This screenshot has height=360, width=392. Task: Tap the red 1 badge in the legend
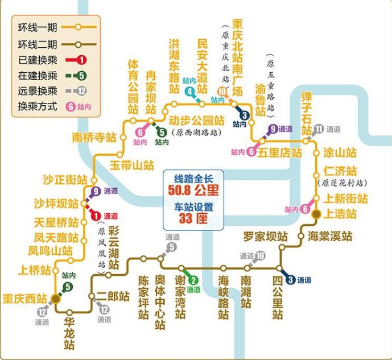(x=82, y=59)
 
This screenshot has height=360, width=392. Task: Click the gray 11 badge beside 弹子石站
(x=320, y=129)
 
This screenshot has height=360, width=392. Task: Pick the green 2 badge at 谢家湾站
(x=193, y=279)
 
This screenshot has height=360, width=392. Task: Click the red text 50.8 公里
(x=193, y=189)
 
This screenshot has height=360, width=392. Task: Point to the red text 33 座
(x=193, y=219)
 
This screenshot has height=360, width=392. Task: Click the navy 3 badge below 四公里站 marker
(x=291, y=279)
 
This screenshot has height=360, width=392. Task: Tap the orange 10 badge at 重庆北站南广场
(x=221, y=93)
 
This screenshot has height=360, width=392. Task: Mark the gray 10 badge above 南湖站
(x=260, y=256)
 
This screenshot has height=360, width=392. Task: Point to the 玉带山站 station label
(x=132, y=165)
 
